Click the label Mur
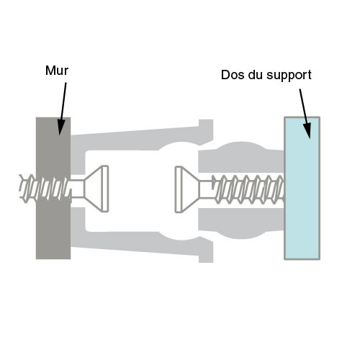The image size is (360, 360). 57,71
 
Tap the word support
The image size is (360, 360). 289,76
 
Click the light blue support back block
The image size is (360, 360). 302,189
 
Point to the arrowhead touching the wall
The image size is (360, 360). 60,127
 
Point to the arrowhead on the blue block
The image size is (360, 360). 307,130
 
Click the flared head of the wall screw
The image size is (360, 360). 96,189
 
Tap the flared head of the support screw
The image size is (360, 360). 187,189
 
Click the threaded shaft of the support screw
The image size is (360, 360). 248,189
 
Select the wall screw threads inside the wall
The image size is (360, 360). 53,189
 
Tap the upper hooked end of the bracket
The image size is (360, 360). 206,131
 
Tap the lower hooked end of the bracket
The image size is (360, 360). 206,250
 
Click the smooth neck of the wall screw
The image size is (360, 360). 77,189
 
